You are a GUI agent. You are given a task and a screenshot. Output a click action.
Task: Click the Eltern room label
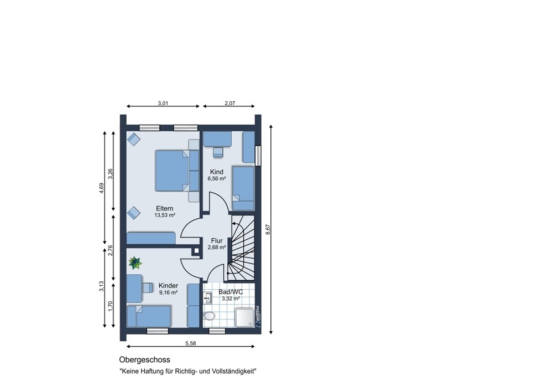pyautogui.click(x=164, y=208)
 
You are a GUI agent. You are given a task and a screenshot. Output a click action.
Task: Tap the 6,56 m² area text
pyautogui.click(x=217, y=179)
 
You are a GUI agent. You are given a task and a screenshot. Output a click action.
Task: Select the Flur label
pyautogui.click(x=217, y=241)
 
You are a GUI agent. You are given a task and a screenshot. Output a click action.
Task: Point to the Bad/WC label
pyautogui.click(x=231, y=292)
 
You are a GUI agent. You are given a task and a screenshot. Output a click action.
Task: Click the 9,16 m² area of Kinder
pyautogui.click(x=168, y=292)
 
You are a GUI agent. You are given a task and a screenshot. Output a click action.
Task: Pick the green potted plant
pyautogui.click(x=135, y=263)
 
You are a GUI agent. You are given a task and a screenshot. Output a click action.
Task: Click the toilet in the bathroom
pyautogui.click(x=209, y=316)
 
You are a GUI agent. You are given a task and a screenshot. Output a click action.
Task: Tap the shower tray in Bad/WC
pyautogui.click(x=244, y=317)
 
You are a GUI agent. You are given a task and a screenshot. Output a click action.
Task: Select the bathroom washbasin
pyautogui.click(x=208, y=299)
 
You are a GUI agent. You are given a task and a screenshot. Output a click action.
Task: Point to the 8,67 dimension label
pyautogui.click(x=268, y=230)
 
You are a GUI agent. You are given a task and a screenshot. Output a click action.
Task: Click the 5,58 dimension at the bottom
pyautogui.click(x=190, y=343)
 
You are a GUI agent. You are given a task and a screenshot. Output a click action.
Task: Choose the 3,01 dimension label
pyautogui.click(x=163, y=104)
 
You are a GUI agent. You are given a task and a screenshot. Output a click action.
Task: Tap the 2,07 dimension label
pyautogui.click(x=229, y=104)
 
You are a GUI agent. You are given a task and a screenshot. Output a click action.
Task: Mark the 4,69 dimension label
pyautogui.click(x=102, y=188)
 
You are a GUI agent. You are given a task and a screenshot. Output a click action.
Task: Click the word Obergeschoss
pyautogui.click(x=144, y=360)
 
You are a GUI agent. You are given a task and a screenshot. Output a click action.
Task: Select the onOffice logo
pyautogui.click(x=258, y=316)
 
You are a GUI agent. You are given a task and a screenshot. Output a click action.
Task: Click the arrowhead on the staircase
pyautogui.click(x=234, y=224)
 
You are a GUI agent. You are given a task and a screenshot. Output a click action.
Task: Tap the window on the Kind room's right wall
pyautogui.click(x=258, y=156)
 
